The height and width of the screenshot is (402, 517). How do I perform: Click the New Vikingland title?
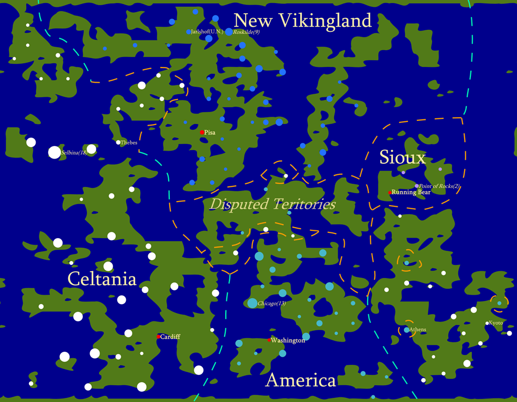[x=302, y=20]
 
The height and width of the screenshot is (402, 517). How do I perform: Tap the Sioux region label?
[x=402, y=158]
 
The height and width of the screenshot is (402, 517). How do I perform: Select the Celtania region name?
[x=102, y=278]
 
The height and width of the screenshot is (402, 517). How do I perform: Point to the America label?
[x=301, y=381]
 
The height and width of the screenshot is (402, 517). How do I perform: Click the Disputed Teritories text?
[x=272, y=204]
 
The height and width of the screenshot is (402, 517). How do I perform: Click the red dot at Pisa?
[x=202, y=132]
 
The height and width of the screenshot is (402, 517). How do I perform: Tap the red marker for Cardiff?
[x=158, y=337]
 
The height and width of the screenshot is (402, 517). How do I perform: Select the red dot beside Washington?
[x=269, y=340]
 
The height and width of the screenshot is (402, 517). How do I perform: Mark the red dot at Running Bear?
[x=390, y=193]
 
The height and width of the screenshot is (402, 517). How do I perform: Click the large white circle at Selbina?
[x=54, y=152]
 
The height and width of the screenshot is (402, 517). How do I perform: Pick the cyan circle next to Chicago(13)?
[x=252, y=303]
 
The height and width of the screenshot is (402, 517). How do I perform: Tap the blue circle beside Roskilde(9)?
[x=229, y=32]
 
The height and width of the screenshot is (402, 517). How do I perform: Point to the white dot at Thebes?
[x=118, y=142]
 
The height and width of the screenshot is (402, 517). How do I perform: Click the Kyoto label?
[x=496, y=323]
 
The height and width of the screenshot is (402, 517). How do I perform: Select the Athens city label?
[x=417, y=329]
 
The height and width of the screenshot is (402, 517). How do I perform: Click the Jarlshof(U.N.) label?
[x=207, y=32]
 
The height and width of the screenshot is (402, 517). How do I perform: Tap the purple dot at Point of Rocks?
[x=417, y=186]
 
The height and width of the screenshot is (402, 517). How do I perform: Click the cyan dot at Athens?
[x=406, y=330]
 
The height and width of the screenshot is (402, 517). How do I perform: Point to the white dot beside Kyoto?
[x=487, y=323]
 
